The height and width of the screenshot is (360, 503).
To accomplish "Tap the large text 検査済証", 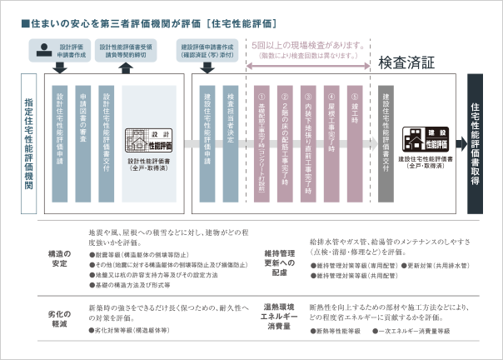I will [x=406, y=62].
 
